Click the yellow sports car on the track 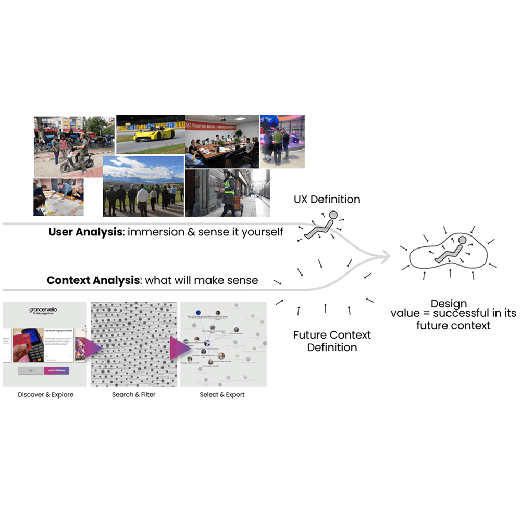coord(153,134)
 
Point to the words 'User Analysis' coord(85,232)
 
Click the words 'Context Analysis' coord(93,280)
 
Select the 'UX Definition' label coord(327,199)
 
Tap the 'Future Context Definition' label coord(332,341)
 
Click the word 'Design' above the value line coord(449,304)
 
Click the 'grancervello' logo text coord(44,310)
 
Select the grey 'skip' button coord(30,370)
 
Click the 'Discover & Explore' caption coord(46,395)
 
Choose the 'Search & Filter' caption coord(134,395)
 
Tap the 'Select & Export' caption coord(222,395)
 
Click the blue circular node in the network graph coord(198,312)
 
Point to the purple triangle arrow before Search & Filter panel coord(94,348)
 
